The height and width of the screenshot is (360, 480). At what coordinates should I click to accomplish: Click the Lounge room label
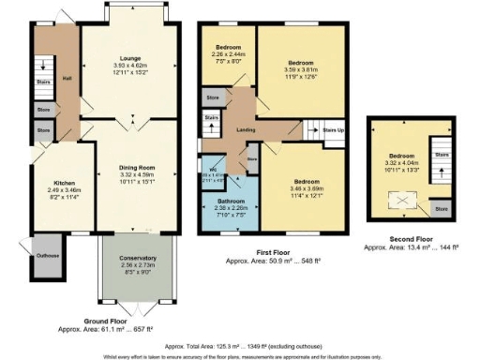click(x=125, y=57)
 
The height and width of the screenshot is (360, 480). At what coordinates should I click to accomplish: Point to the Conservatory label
click(x=137, y=260)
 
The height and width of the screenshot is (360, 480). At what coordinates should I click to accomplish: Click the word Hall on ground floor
click(x=67, y=80)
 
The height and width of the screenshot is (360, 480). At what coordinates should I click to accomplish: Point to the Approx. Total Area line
click(x=240, y=346)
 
